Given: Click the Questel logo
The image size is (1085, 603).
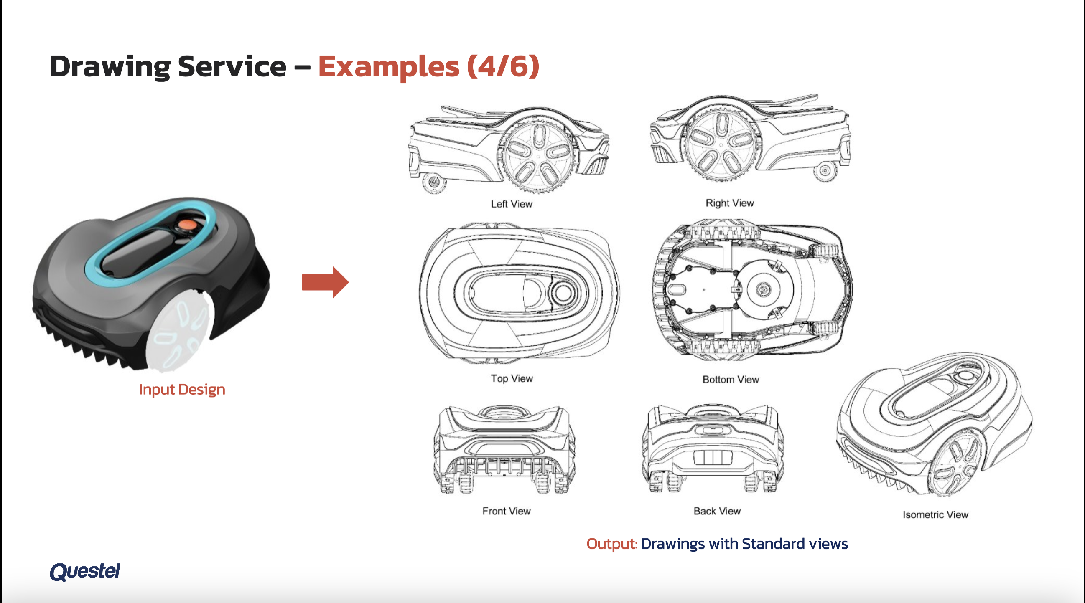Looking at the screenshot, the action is pyautogui.click(x=85, y=572).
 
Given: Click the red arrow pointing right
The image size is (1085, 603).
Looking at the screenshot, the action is pyautogui.click(x=325, y=282).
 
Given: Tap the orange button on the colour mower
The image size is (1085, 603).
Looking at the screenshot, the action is pyautogui.click(x=187, y=225).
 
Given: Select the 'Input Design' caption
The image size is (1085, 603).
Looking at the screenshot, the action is pyautogui.click(x=182, y=390).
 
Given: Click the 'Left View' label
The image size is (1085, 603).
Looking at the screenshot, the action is pyautogui.click(x=511, y=204).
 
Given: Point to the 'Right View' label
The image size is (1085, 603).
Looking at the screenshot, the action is pyautogui.click(x=729, y=203).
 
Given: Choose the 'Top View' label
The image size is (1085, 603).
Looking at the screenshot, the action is pyautogui.click(x=512, y=379).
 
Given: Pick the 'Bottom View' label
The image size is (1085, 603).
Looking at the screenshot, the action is pyautogui.click(x=731, y=380).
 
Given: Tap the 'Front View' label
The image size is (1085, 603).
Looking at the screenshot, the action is pyautogui.click(x=506, y=511).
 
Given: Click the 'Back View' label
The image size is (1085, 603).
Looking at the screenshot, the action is pyautogui.click(x=717, y=511).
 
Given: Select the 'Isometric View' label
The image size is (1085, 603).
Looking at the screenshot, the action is pyautogui.click(x=935, y=514).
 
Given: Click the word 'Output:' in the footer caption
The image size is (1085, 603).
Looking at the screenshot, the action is pyautogui.click(x=612, y=544).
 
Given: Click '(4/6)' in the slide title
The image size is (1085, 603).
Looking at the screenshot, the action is pyautogui.click(x=503, y=66).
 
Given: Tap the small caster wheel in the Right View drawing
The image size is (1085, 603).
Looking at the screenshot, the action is pyautogui.click(x=825, y=171).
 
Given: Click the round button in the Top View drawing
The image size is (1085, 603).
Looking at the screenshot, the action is pyautogui.click(x=563, y=293).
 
